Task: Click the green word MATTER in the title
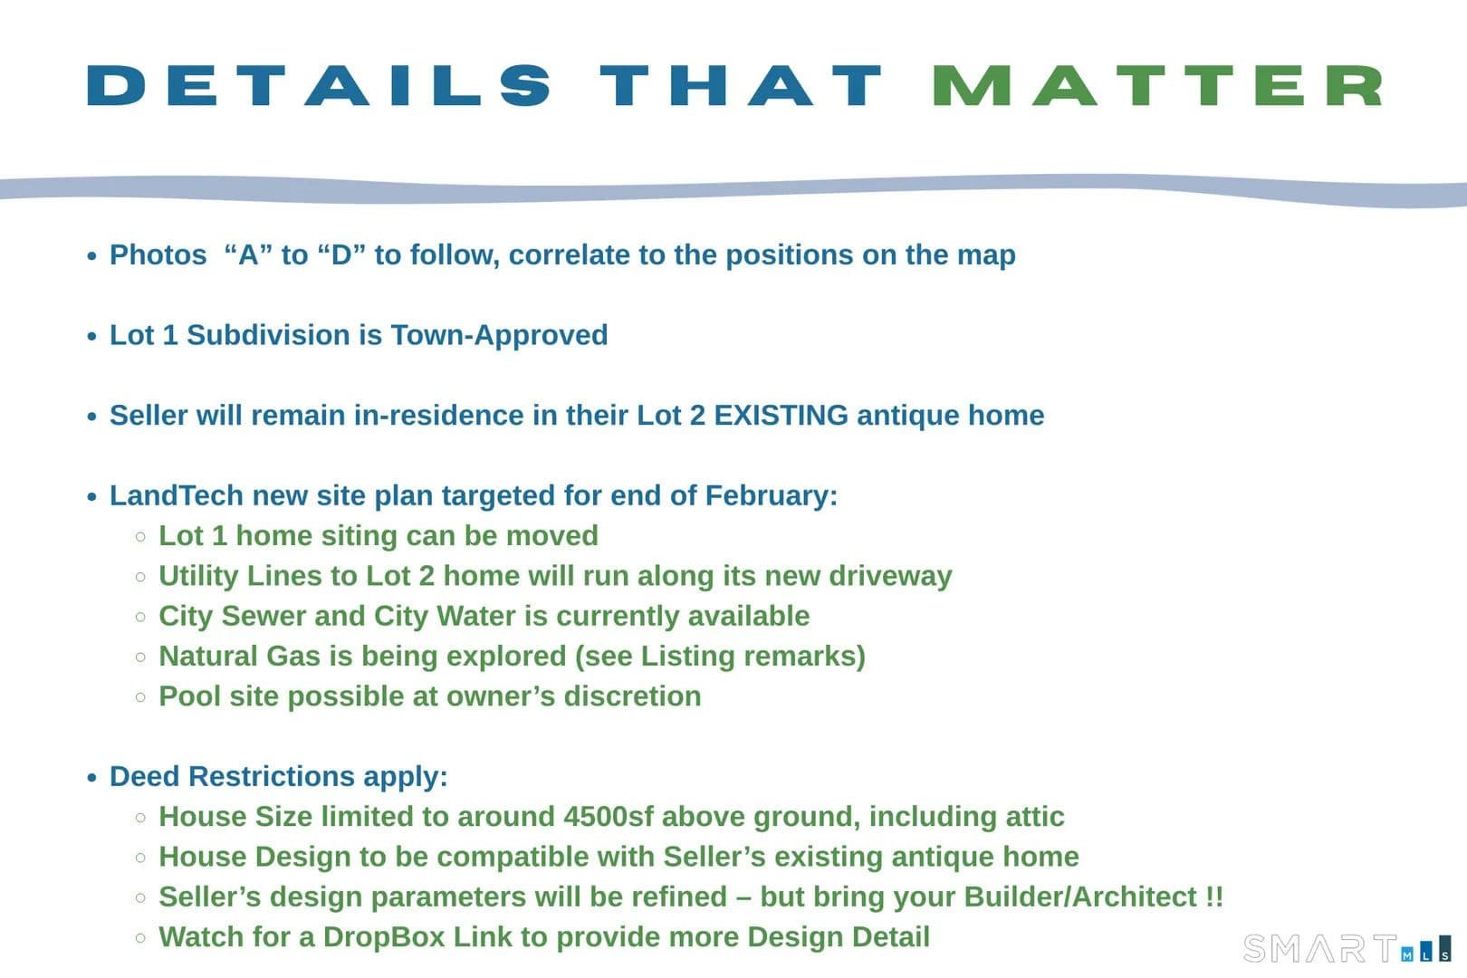coord(1158,85)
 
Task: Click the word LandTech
coord(177,495)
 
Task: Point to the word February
coord(767,496)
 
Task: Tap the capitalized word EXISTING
coord(781,416)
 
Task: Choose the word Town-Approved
coord(499,336)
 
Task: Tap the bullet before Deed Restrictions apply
coord(91,778)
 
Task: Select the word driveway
coord(890,577)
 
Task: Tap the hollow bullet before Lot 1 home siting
coord(140,537)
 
